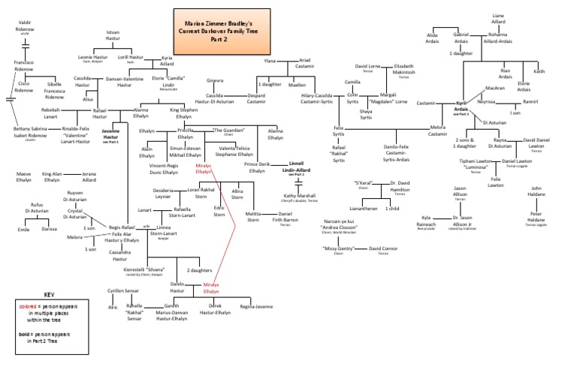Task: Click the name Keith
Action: click(x=539, y=71)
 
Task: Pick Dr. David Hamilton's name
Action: click(x=405, y=187)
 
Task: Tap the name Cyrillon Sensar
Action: click(x=121, y=292)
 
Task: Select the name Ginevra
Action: click(x=216, y=80)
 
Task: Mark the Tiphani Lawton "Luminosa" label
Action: click(x=476, y=164)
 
